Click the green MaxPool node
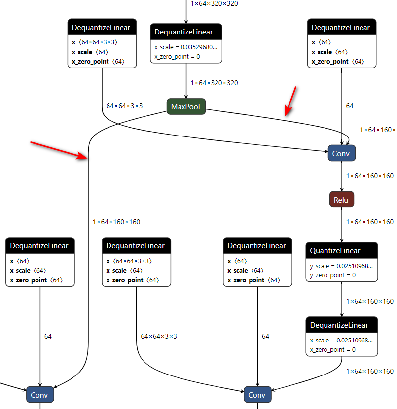click(186, 106)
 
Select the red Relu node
click(341, 200)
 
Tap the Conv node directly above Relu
click(341, 153)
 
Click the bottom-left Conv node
click(39, 395)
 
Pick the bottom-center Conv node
click(256, 395)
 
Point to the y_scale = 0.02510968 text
click(341, 266)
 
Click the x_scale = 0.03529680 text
click(185, 47)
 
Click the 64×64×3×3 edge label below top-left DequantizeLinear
click(124, 106)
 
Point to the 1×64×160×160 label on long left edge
click(116, 222)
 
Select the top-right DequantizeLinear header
click(341, 28)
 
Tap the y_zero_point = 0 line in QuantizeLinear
click(333, 275)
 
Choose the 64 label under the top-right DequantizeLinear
click(349, 106)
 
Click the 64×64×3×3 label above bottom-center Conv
click(159, 336)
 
